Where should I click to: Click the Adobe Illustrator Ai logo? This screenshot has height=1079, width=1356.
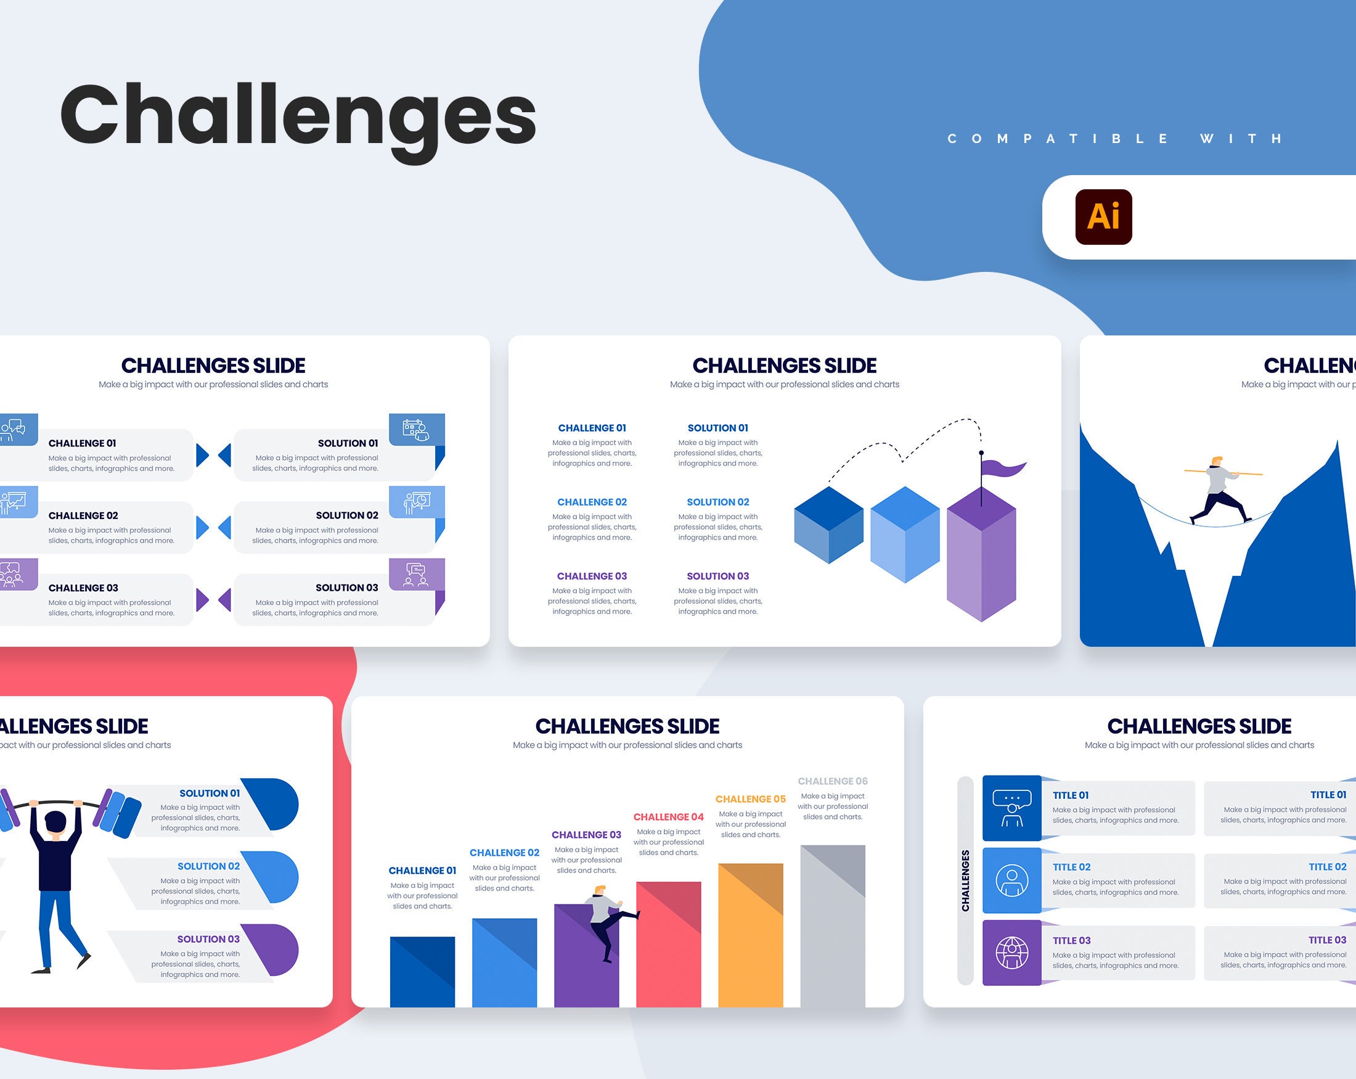coord(1103,216)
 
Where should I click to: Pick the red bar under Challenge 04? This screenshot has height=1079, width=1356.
coord(668,944)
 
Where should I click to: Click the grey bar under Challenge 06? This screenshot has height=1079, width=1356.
coord(832,925)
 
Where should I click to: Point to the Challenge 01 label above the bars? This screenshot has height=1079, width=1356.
coord(422,871)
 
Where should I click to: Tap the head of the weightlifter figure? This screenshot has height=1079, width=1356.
coord(55,824)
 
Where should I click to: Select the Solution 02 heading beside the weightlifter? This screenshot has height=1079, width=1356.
coord(208,866)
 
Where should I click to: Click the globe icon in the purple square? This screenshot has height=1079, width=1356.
coord(1011,953)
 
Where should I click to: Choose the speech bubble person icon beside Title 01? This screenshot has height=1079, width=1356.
coord(1011,808)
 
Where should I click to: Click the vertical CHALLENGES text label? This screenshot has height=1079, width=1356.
coord(965,880)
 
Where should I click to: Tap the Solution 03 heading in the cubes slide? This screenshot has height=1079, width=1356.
coord(717,576)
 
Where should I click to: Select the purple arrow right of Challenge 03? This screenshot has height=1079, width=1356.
coord(202,599)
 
